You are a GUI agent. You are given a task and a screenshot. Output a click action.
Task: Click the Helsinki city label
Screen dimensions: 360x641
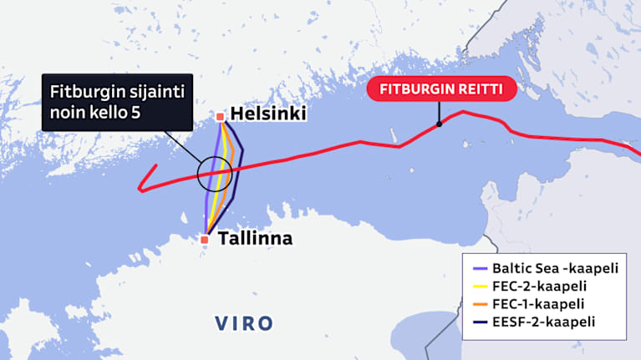268,114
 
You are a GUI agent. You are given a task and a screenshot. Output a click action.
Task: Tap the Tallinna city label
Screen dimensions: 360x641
255,239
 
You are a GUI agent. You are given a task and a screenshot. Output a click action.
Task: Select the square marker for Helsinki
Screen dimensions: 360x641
220,117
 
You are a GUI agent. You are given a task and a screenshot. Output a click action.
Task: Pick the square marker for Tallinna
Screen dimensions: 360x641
205,241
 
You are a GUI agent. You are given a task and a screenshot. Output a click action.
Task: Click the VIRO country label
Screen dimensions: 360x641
243,322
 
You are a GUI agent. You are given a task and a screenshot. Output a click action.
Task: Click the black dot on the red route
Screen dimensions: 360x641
439,125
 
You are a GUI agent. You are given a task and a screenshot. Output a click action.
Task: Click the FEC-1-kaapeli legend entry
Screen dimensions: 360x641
535,302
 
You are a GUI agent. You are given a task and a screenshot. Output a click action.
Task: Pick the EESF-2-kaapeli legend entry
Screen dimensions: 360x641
541,320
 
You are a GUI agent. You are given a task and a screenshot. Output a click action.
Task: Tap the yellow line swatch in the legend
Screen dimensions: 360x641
476,286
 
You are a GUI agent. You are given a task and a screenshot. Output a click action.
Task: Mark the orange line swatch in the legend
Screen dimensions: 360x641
476,303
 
